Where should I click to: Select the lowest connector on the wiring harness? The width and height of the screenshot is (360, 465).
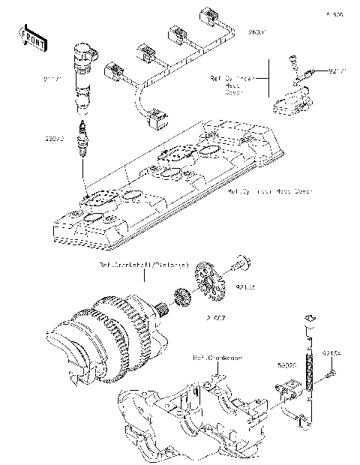click(158, 116)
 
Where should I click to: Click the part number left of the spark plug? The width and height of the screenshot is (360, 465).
click(55, 139)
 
